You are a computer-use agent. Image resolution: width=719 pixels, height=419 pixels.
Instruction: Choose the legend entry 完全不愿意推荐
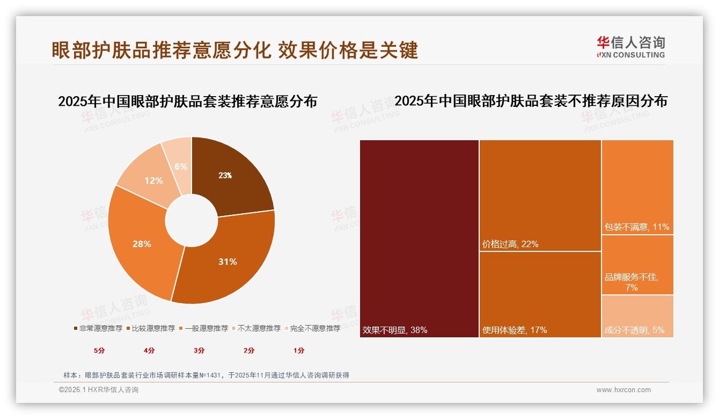(x=314, y=328)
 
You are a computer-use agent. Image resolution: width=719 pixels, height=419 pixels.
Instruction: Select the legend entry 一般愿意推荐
(x=206, y=328)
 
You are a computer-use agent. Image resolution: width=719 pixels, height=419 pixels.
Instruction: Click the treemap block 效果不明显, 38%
(x=419, y=239)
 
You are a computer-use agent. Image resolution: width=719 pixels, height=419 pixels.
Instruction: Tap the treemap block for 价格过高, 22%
(x=540, y=196)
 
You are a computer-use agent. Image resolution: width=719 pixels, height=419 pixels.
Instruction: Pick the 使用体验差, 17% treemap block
(x=540, y=294)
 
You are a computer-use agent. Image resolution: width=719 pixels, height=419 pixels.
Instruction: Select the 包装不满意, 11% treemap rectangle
(x=637, y=187)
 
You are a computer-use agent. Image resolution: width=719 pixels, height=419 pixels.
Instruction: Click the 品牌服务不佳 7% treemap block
(x=637, y=265)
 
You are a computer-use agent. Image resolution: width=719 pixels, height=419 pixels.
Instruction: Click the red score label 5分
(x=99, y=351)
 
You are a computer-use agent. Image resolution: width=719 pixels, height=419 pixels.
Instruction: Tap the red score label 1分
(x=299, y=351)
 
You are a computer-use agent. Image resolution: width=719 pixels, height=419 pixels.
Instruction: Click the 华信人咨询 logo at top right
(x=630, y=47)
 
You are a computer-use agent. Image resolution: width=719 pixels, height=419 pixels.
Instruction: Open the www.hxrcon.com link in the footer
(x=623, y=390)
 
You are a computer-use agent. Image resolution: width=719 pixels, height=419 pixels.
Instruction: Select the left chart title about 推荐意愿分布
(x=187, y=101)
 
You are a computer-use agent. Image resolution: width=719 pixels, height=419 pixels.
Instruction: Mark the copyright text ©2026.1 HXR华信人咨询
(x=99, y=390)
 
